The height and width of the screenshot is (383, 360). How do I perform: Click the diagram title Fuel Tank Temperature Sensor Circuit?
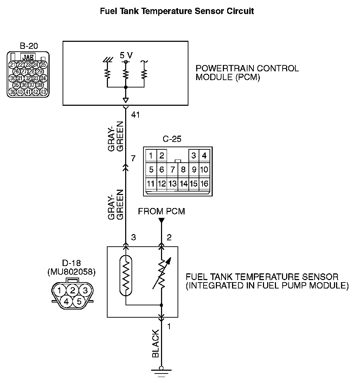(177, 11)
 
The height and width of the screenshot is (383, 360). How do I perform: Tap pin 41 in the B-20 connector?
(28, 92)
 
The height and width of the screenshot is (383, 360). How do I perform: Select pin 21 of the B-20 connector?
(13, 65)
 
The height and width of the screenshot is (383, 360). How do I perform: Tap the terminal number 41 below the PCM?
(135, 115)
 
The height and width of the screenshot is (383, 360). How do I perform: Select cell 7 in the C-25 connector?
(172, 170)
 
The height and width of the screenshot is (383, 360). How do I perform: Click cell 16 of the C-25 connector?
(204, 183)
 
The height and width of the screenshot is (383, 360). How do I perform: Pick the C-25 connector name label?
(172, 139)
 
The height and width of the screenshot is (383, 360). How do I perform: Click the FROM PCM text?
(161, 211)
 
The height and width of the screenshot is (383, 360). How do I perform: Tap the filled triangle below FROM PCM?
(161, 221)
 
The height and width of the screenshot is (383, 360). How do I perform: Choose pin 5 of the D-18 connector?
(79, 301)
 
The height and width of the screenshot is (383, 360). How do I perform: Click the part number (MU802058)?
(71, 272)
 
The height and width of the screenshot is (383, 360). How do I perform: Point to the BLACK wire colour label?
(156, 344)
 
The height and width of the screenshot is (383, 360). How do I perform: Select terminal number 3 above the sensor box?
(134, 238)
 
